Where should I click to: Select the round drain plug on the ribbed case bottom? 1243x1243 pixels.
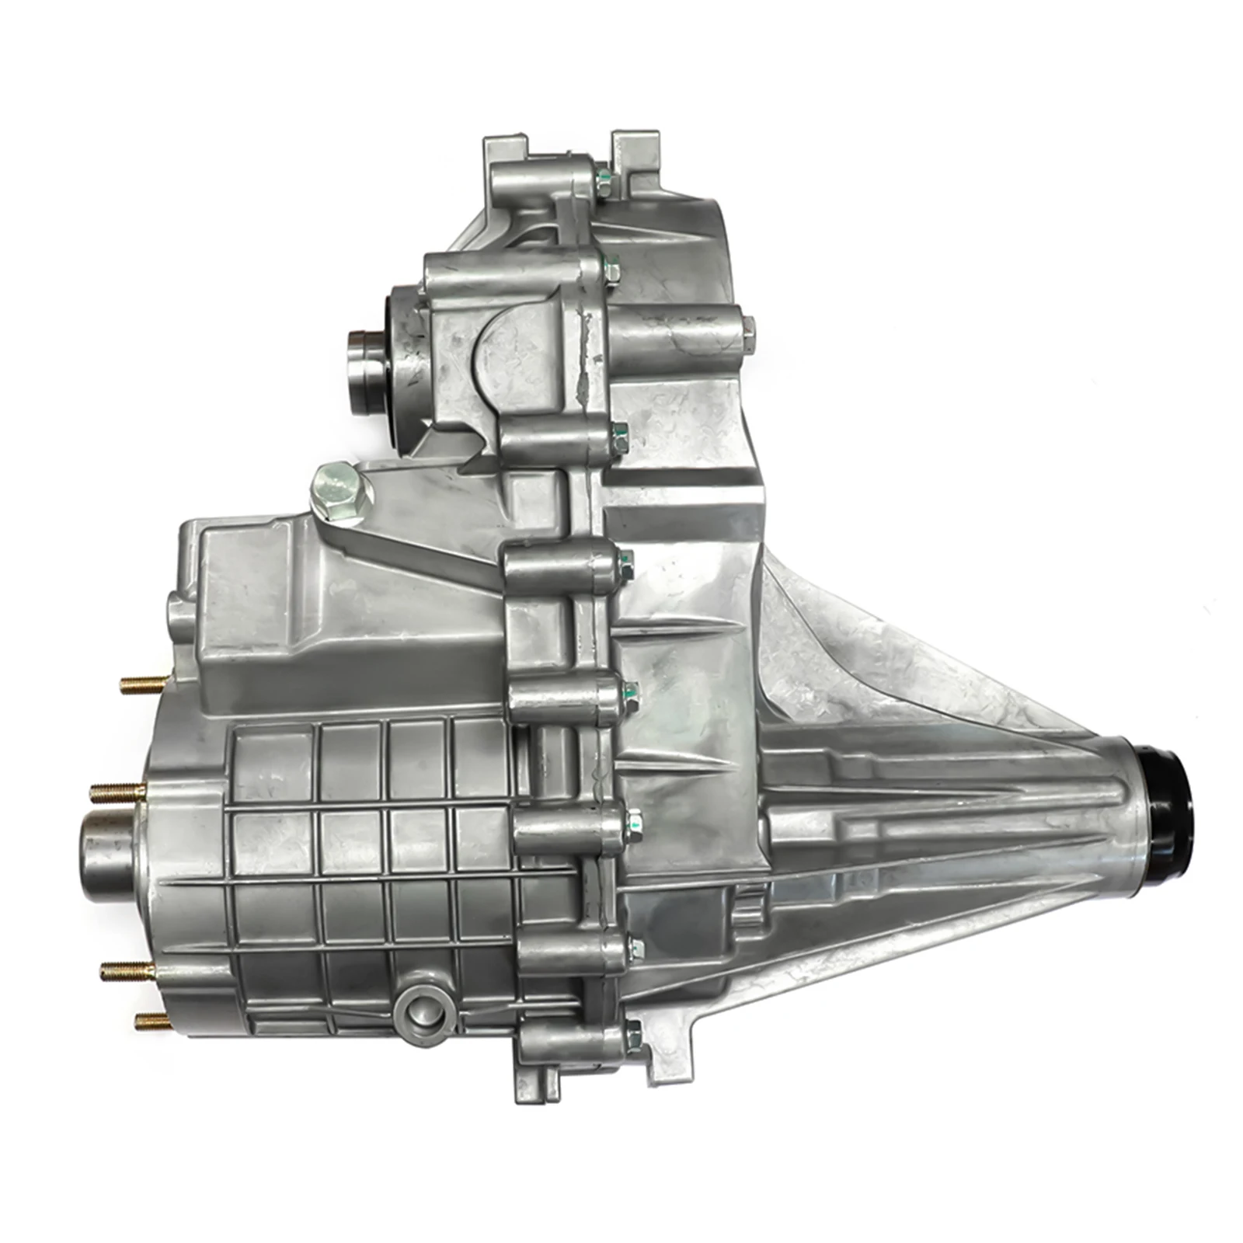420,1010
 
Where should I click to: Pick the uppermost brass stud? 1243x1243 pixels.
144,684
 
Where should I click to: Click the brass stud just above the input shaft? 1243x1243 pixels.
117,792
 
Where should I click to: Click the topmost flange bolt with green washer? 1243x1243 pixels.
602,183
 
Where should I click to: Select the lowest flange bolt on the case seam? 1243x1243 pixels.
633,1033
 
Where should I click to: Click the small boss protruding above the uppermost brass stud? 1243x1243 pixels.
179,614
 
